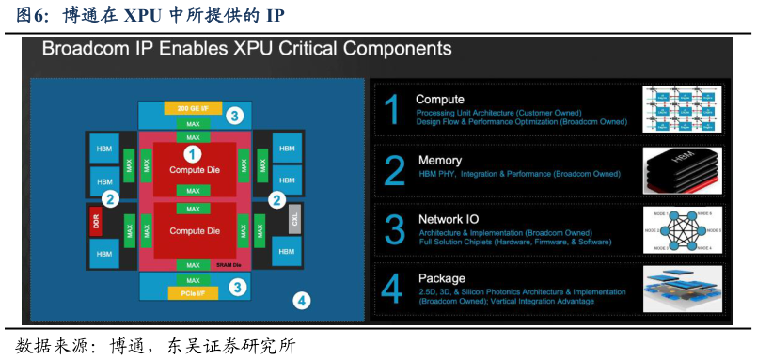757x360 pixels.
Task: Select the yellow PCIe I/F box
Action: click(x=193, y=294)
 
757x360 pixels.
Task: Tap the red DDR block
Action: click(x=95, y=222)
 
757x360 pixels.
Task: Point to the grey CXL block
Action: click(x=295, y=221)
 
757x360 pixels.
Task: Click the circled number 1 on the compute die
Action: click(x=193, y=153)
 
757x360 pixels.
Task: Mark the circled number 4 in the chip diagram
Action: click(x=301, y=301)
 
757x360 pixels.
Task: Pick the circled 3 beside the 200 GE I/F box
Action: click(x=235, y=116)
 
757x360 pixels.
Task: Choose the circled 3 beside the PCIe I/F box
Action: click(x=238, y=288)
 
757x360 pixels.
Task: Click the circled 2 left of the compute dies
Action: click(x=110, y=198)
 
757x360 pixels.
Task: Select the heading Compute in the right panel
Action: click(x=440, y=99)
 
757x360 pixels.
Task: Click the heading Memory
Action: click(x=440, y=161)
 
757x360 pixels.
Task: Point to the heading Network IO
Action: click(x=449, y=219)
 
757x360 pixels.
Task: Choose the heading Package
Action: click(x=442, y=278)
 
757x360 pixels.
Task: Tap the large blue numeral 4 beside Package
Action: click(x=394, y=289)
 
